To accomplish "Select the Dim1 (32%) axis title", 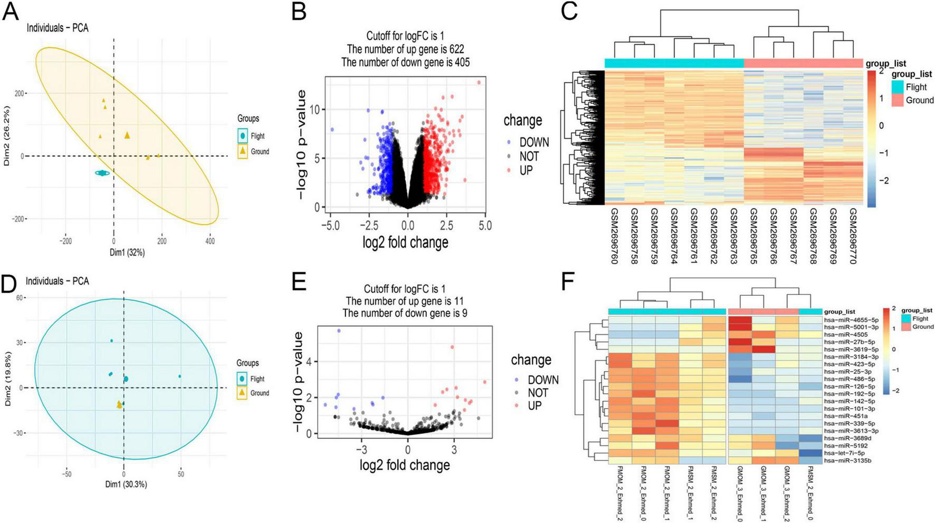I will pos(127,253).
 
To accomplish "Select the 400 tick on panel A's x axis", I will pos(210,241).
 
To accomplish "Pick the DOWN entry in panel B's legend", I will pos(533,142).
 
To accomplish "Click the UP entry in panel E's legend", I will pos(535,405).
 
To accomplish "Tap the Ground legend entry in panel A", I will pos(260,151).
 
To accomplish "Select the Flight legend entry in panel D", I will pos(257,379).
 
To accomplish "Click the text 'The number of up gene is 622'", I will pos(405,49).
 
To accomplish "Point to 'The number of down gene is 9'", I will pos(405,313).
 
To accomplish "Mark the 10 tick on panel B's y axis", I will pos(314,109).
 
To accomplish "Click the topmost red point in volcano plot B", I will pos(479,82).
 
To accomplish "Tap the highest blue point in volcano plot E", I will pos(339,331).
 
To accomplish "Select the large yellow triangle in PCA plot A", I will pos(127,135).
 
